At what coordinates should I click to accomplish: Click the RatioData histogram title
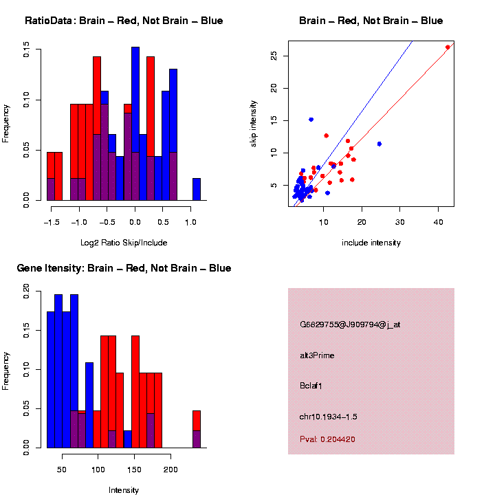[x=124, y=21]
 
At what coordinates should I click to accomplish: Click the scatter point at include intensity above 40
[x=448, y=47]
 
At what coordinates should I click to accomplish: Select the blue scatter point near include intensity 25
[x=379, y=144]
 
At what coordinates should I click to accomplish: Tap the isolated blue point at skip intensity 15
[x=311, y=120]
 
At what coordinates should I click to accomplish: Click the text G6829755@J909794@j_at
[x=349, y=324]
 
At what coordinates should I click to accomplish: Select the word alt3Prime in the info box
[x=317, y=355]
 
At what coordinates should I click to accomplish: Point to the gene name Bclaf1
[x=311, y=386]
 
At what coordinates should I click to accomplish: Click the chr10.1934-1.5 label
[x=328, y=417]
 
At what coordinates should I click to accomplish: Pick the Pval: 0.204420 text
[x=327, y=439]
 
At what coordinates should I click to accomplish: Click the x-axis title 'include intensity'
[x=371, y=243]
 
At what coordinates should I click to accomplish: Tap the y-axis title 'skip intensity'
[x=254, y=122]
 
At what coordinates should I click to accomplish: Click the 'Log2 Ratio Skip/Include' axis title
[x=124, y=243]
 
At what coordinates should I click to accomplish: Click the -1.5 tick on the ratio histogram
[x=49, y=222]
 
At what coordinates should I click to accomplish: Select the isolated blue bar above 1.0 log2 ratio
[x=197, y=189]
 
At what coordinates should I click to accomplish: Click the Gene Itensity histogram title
[x=124, y=268]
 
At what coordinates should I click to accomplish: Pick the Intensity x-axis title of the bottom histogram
[x=124, y=490]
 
